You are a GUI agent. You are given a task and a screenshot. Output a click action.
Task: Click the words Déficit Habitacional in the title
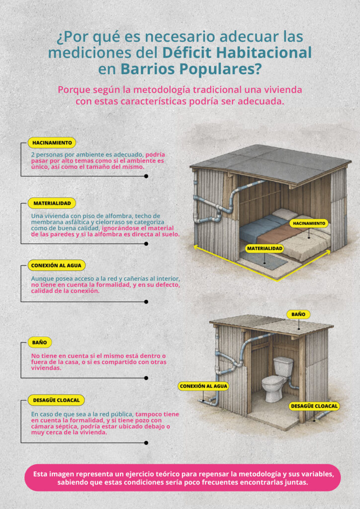tap(237, 53)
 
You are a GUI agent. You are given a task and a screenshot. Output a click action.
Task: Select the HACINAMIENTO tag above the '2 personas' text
tap(52, 143)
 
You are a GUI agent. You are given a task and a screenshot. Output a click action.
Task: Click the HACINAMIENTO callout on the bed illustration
tap(309, 223)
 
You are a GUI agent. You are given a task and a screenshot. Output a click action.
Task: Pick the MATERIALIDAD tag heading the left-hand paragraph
tap(52, 203)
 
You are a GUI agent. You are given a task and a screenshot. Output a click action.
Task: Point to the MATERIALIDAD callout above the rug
tap(265, 249)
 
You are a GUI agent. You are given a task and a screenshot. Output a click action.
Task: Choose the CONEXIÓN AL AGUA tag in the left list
tap(57, 265)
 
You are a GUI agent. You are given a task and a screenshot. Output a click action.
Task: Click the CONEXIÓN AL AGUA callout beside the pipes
tap(203, 386)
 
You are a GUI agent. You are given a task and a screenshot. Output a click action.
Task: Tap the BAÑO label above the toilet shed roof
tap(298, 314)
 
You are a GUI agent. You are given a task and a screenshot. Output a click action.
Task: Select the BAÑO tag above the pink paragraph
tap(40, 342)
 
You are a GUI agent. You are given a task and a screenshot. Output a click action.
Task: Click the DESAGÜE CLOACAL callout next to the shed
tap(314, 406)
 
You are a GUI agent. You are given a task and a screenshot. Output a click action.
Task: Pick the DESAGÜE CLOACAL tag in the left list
tap(56, 400)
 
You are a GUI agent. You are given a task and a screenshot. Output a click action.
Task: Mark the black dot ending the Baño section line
tap(146, 378)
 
